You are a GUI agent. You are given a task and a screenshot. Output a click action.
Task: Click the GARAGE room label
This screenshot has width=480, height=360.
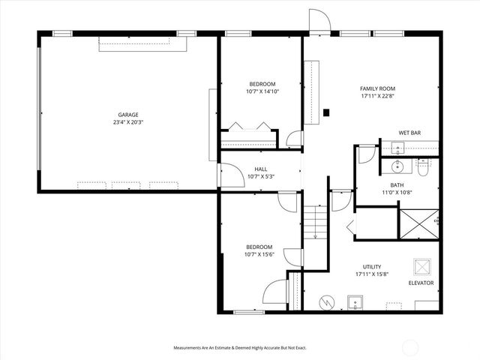pos(127,115)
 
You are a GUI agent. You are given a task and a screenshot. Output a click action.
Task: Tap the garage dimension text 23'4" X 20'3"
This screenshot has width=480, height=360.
pos(127,122)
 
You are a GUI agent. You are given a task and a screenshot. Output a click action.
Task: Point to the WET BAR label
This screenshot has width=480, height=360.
pos(409,133)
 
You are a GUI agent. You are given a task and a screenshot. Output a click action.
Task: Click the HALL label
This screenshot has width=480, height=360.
pos(260,169)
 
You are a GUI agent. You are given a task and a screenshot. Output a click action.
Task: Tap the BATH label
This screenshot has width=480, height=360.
pos(397,184)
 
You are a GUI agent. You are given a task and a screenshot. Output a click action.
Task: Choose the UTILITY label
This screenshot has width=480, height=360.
pos(372,266)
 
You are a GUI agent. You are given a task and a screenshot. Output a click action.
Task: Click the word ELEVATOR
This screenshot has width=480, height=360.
pos(421,283)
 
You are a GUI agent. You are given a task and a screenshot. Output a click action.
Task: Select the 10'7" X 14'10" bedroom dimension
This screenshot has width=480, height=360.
pos(262,91)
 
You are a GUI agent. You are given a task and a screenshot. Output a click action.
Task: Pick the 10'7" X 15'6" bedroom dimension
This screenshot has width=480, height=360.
pos(259,255)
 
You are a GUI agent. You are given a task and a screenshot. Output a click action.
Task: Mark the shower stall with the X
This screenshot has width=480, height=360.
pos(418,223)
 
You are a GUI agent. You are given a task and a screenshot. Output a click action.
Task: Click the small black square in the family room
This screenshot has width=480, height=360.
pos(326,113)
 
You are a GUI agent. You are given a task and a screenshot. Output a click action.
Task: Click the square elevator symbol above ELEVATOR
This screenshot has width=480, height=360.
pos(421,267)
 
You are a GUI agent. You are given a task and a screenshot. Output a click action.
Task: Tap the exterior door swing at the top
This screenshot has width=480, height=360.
pos(319,22)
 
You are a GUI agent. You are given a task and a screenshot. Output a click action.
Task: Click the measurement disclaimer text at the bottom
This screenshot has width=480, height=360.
pos(240,348)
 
